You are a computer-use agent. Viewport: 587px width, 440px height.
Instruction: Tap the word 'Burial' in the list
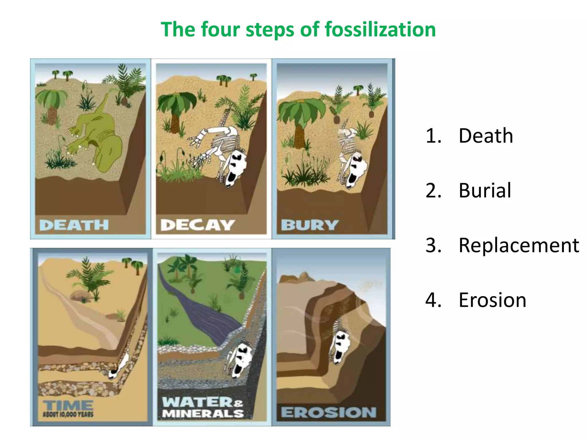pos(485,190)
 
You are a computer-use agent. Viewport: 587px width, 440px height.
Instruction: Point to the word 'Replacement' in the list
pos(519,245)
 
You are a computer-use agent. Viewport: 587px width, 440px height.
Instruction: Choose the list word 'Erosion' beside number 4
pos(492,300)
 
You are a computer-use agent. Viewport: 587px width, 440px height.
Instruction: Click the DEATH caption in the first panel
pos(74,225)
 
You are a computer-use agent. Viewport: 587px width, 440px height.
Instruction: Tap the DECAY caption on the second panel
pos(197,225)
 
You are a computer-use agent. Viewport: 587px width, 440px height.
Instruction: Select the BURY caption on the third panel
pos(310,225)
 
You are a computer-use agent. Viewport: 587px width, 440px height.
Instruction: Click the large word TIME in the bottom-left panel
pos(68,405)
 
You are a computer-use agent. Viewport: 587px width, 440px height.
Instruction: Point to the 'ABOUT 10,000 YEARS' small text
pos(68,414)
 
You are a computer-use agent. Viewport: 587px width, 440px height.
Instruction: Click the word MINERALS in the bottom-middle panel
pos(203,413)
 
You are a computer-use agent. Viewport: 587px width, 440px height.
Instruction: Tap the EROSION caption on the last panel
pos(328,412)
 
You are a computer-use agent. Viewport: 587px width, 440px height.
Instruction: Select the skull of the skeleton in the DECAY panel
pos(236,168)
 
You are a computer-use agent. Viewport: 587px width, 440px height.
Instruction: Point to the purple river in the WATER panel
pos(201,307)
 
